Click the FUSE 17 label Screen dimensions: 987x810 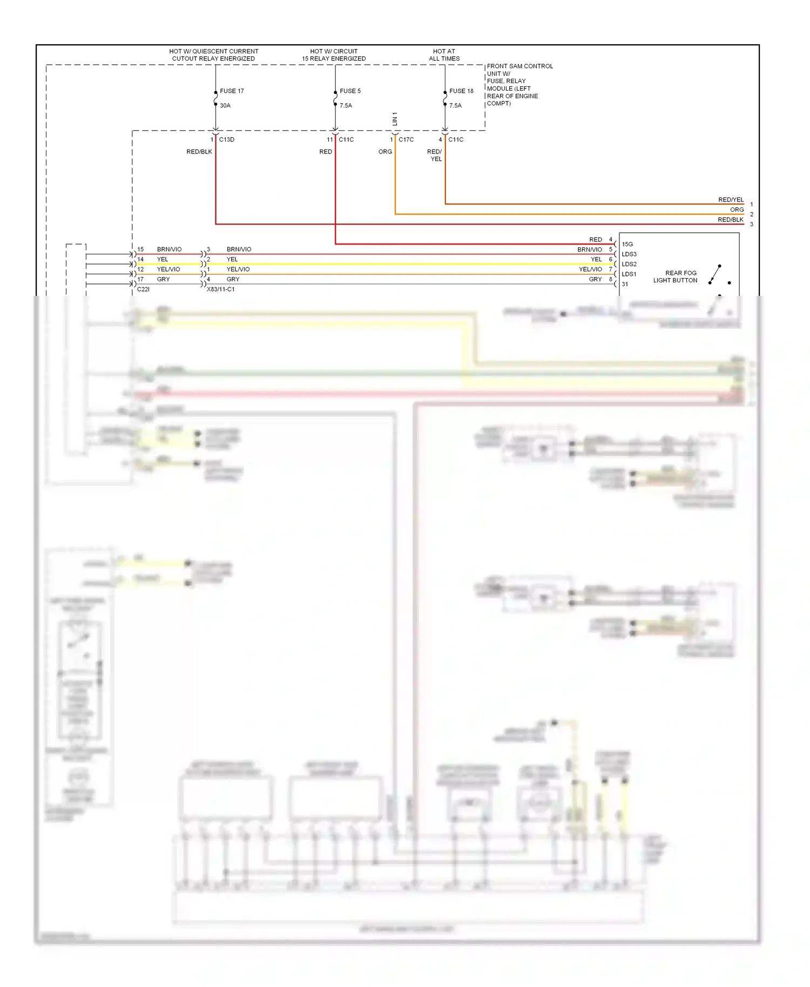click(x=232, y=91)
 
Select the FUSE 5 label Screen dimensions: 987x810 click(x=350, y=91)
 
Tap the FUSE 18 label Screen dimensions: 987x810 click(x=461, y=91)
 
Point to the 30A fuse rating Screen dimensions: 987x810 click(x=225, y=105)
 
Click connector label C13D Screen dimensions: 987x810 click(x=227, y=139)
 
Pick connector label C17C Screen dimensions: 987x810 click(x=406, y=139)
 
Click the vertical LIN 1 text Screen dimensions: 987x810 click(x=395, y=119)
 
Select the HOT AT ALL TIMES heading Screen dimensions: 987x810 click(x=444, y=55)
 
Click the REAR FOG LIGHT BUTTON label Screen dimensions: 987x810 click(x=676, y=276)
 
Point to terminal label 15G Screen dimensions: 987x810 click(x=627, y=244)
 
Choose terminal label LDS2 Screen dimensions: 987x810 click(x=629, y=264)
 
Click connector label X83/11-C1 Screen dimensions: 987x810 click(x=220, y=289)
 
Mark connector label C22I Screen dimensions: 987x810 click(x=143, y=289)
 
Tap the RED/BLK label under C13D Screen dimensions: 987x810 click(x=199, y=152)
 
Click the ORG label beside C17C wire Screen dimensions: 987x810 click(x=385, y=152)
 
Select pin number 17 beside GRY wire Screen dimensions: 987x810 click(x=140, y=279)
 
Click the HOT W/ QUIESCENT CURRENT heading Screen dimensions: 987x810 click(x=213, y=55)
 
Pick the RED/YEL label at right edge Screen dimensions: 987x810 click(x=731, y=200)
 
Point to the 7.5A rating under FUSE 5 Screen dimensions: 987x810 click(x=346, y=105)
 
